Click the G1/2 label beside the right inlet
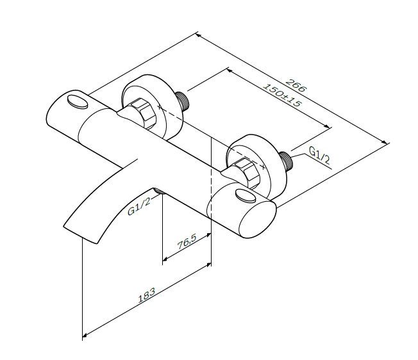click(x=319, y=155)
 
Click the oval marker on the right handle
click(x=244, y=195)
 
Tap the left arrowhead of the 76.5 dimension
click(x=165, y=260)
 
